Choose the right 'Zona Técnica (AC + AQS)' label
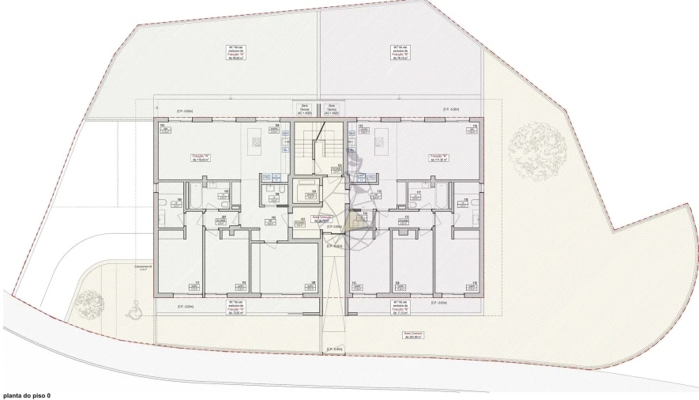click(332, 109)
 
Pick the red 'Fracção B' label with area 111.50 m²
click(438, 158)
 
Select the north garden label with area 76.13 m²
click(400, 52)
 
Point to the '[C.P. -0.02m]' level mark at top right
click(452, 109)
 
